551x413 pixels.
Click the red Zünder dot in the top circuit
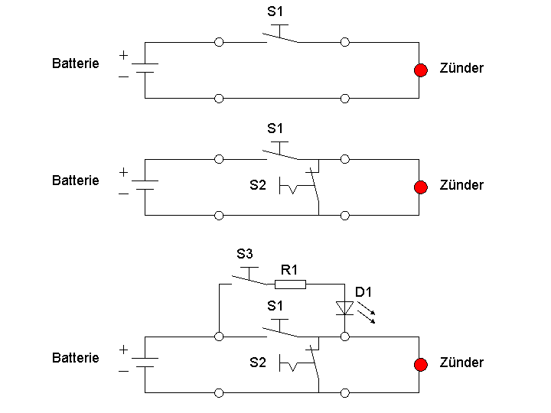(x=420, y=70)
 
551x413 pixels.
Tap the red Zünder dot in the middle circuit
(x=420, y=187)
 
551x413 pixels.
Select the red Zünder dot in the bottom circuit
(x=420, y=365)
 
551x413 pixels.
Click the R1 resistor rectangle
(x=291, y=285)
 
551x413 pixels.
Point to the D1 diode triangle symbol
(x=345, y=308)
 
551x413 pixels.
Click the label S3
(x=244, y=254)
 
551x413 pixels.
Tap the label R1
(x=290, y=269)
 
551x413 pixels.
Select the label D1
(x=364, y=291)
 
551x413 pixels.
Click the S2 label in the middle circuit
(x=258, y=185)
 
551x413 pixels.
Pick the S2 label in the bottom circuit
(x=258, y=363)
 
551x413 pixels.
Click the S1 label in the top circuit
(x=275, y=11)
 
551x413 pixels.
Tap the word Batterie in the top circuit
(x=75, y=63)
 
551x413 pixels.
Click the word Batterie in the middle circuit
(x=75, y=180)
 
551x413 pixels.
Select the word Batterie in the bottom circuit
(x=75, y=358)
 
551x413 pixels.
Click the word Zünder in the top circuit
(x=461, y=68)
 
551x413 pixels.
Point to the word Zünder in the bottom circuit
(x=461, y=363)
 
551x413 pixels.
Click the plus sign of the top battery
(x=123, y=55)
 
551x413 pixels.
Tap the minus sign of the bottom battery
(x=123, y=371)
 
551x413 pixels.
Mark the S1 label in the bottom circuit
(x=275, y=306)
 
